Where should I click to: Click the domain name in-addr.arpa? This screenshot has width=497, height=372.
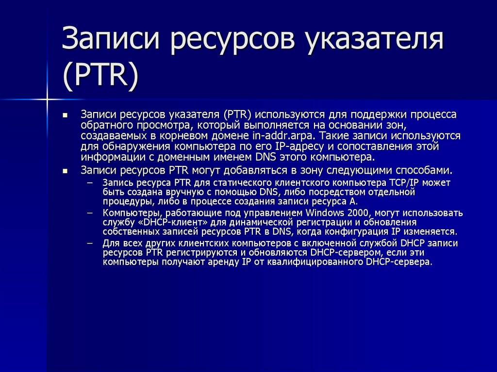click(x=280, y=135)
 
